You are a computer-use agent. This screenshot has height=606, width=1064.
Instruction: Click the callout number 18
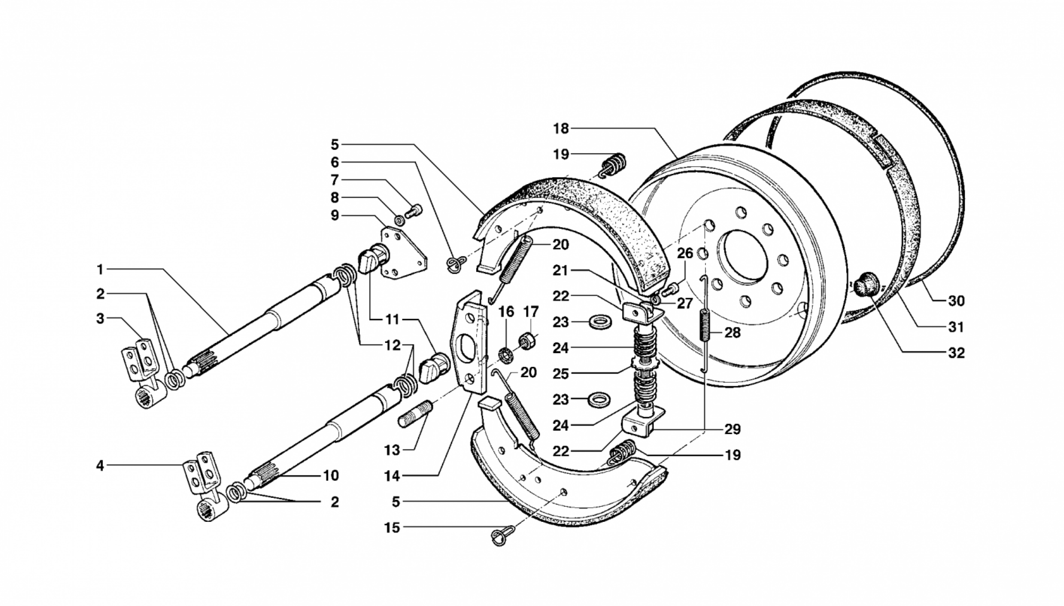561,128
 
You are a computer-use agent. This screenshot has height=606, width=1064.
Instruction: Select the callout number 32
956,353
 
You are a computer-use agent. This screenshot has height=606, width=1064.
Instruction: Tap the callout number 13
392,450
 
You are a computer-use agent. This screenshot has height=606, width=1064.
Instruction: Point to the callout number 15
392,528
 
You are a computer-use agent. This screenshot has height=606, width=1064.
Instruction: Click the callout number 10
331,475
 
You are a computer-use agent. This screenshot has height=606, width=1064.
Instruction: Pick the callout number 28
732,333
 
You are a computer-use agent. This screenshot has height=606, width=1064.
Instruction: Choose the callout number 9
334,216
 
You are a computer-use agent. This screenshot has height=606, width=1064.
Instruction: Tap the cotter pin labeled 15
503,535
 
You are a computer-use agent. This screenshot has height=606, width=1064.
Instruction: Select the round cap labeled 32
865,284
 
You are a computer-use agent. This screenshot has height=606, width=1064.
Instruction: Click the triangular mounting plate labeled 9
402,254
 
